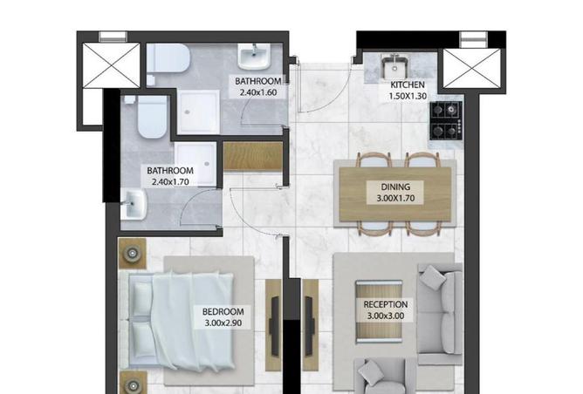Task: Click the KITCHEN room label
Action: (408, 85)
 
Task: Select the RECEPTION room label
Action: (387, 305)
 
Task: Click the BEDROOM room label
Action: (223, 311)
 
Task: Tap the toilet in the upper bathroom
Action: (168, 59)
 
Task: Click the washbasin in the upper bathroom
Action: (254, 59)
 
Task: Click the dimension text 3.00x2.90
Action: (223, 322)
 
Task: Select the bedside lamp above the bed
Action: (133, 254)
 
